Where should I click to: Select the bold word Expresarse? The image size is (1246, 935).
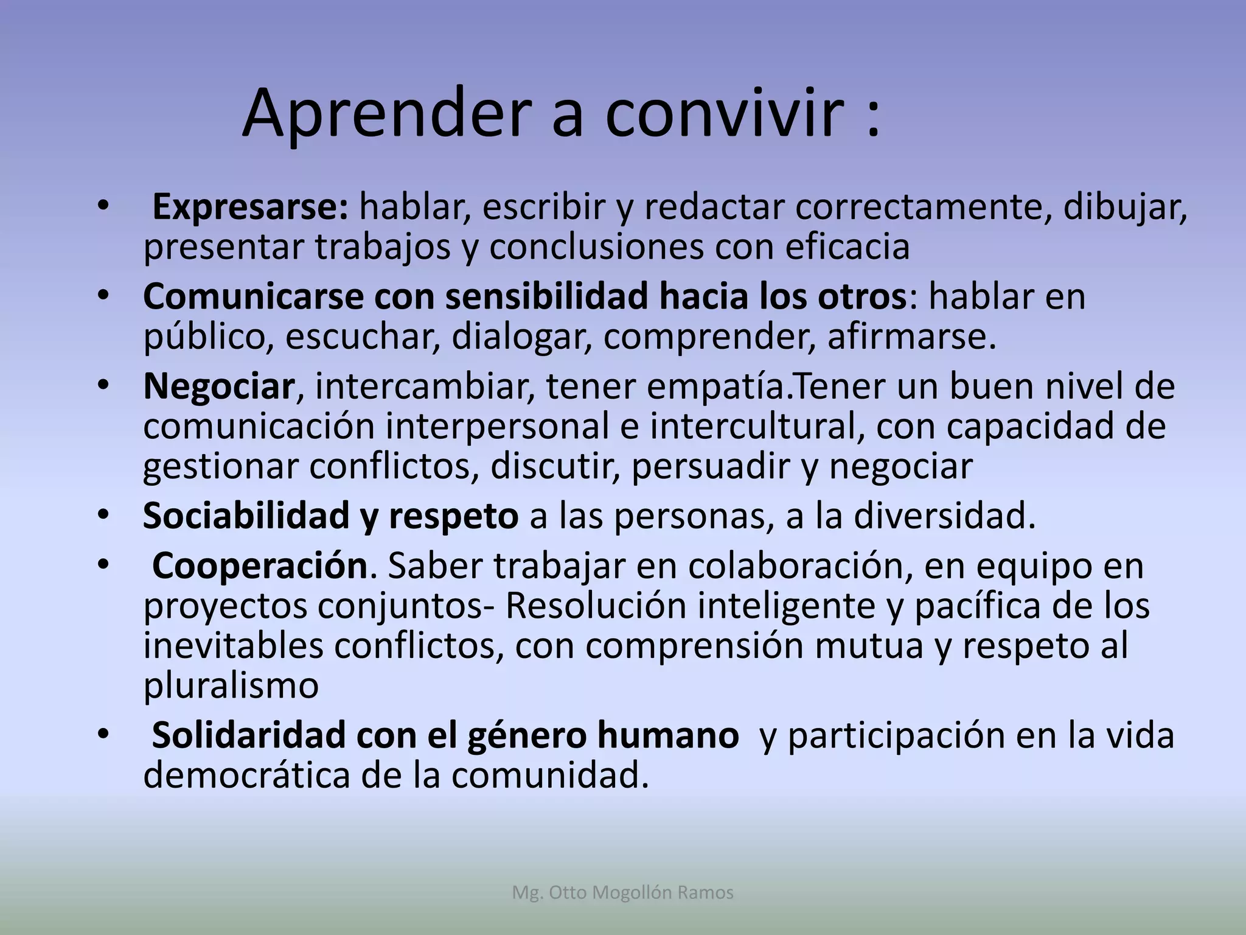coord(249,208)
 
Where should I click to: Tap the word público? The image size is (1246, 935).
coord(207,337)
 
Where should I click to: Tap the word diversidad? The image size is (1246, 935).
coord(944,516)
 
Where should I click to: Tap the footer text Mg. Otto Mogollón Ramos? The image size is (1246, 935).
coord(623,893)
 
